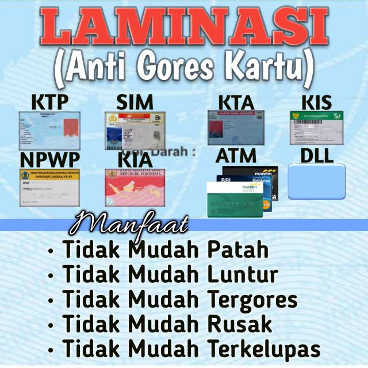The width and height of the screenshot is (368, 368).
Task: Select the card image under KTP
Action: pos(49,130)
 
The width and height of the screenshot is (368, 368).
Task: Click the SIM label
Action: pos(135,102)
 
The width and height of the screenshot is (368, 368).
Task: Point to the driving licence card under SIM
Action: pos(135,130)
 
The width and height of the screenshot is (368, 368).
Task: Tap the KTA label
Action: pos(236,102)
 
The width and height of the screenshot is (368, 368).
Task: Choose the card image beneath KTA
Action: pos(235,127)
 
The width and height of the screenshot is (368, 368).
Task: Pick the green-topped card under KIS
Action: pos(316,127)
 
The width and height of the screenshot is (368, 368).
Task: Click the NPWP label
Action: pos(49,159)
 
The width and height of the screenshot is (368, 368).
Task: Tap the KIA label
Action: pos(135,158)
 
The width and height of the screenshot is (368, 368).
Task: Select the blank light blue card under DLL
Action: pos(316,182)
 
